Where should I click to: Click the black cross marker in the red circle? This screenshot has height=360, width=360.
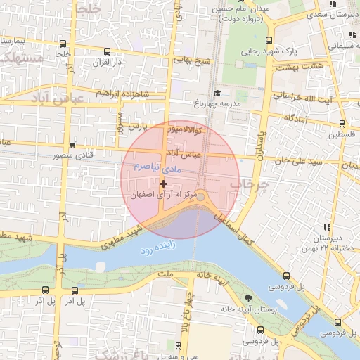pyautogui.click(x=163, y=183)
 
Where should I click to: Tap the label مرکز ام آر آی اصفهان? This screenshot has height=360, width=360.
pyautogui.click(x=165, y=194)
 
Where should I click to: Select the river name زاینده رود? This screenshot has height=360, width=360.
pyautogui.click(x=166, y=249)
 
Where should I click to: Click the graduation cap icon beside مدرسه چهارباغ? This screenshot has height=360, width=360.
pyautogui.click(x=217, y=93)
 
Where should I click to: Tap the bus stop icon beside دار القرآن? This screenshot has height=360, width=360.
pyautogui.click(x=106, y=51)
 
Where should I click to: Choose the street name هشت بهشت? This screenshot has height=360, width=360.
pyautogui.click(x=297, y=67)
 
